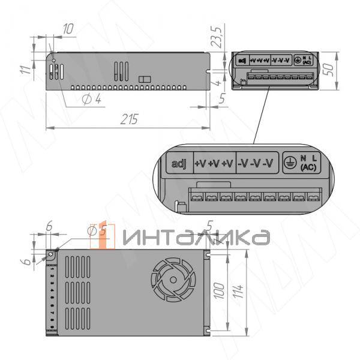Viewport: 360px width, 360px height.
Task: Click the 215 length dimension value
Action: pyautogui.click(x=129, y=119)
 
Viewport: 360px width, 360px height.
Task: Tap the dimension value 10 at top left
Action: pyautogui.click(x=68, y=28)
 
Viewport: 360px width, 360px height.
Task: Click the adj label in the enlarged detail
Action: pyautogui.click(x=179, y=164)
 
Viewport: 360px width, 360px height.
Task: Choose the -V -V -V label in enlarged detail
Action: pyautogui.click(x=256, y=164)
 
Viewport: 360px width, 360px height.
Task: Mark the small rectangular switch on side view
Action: pyautogui.click(x=144, y=79)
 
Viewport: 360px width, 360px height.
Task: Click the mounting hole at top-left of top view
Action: pyautogui.click(x=52, y=255)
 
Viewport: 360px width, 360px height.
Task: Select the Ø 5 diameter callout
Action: pyautogui.click(x=97, y=229)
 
